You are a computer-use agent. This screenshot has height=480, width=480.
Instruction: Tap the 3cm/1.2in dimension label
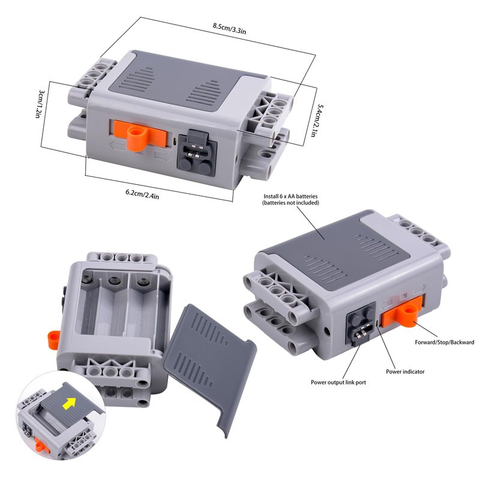[39, 104]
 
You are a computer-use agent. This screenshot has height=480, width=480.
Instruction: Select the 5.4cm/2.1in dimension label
[316, 121]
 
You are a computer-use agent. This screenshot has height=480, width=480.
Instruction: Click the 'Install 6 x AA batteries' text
[290, 196]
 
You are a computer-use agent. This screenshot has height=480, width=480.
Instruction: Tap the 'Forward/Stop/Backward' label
[445, 342]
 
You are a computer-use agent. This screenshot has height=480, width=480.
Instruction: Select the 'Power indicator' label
[405, 371]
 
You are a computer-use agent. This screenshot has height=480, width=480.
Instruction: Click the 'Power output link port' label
[338, 382]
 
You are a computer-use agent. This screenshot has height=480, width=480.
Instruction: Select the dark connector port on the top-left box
[197, 153]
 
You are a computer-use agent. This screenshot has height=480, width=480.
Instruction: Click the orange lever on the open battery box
[53, 340]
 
